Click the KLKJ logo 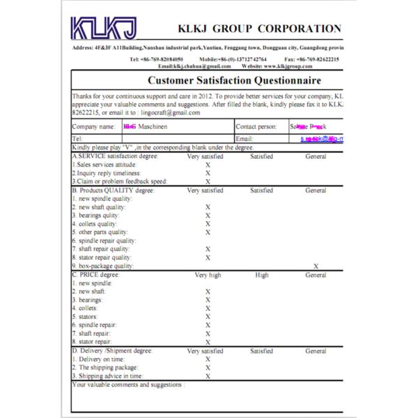[x=105, y=29]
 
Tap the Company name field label [x=93, y=127]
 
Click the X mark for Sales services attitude [x=208, y=164]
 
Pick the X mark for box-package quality [x=316, y=265]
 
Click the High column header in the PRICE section [x=261, y=274]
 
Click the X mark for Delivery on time [x=208, y=359]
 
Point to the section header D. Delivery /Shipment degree [x=112, y=350]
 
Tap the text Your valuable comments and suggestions [x=129, y=384]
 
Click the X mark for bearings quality [x=208, y=215]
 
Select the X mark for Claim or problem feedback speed [x=208, y=181]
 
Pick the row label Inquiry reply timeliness [x=107, y=173]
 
